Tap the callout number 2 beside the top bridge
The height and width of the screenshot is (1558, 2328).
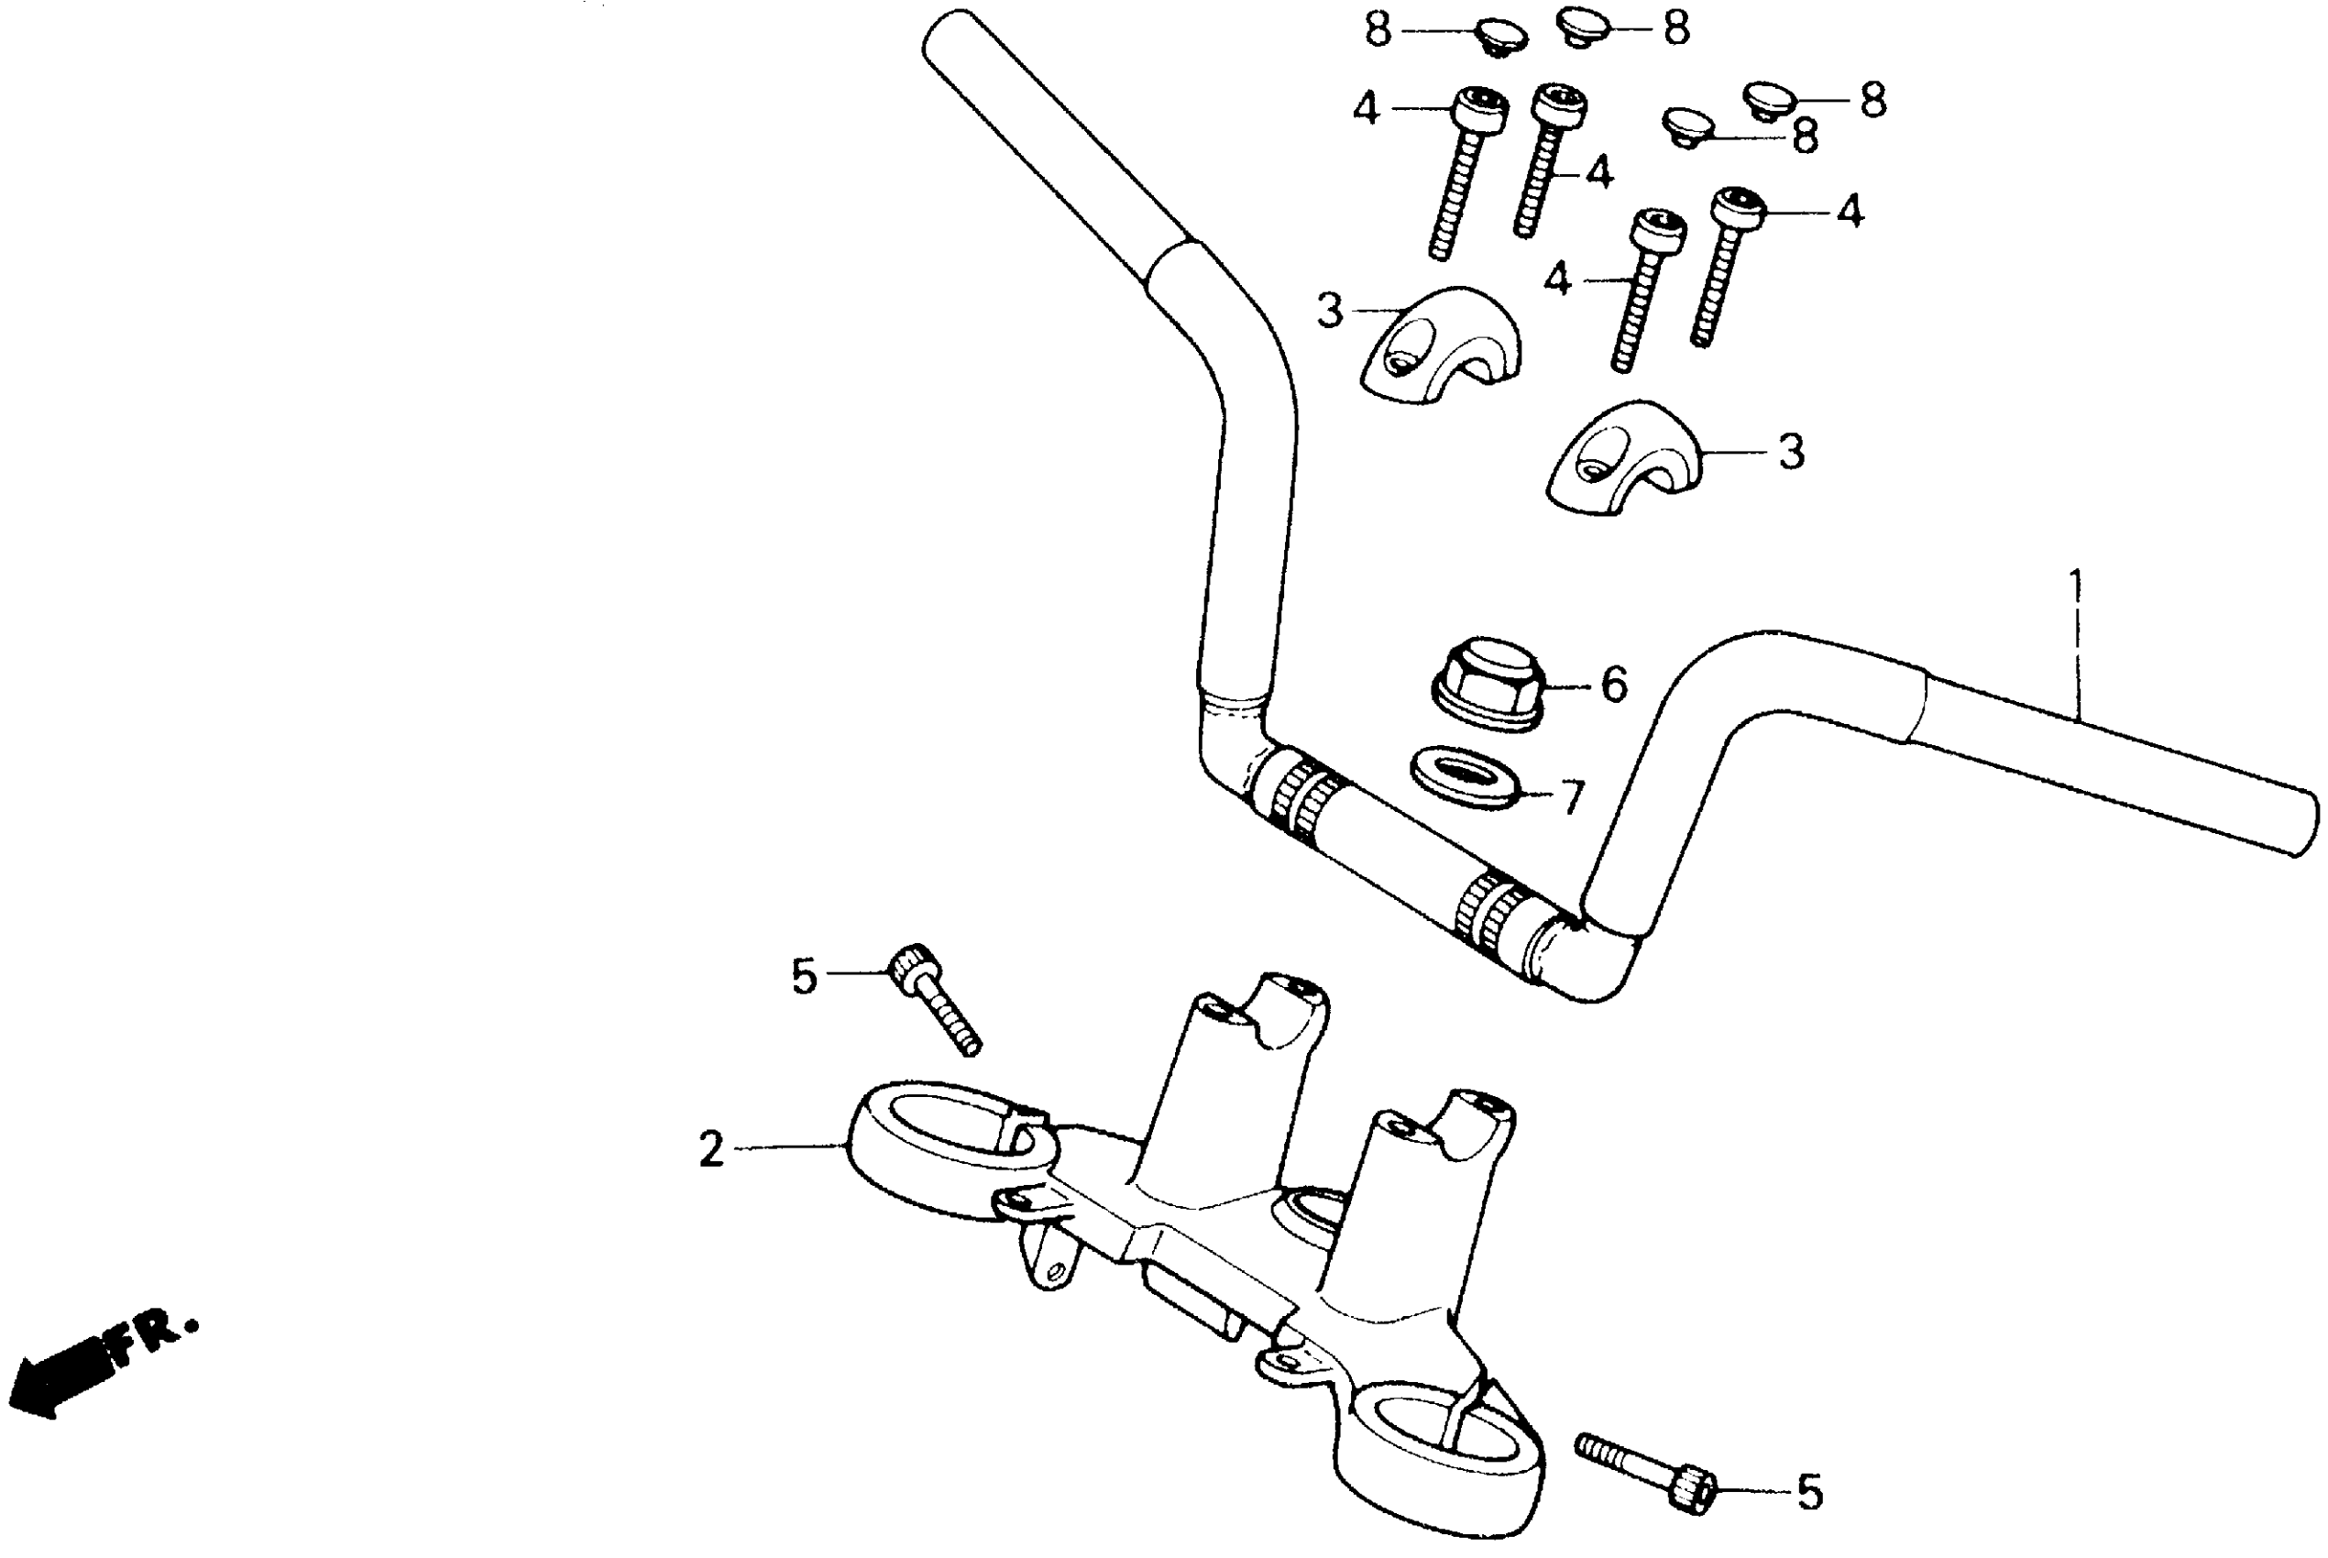click(x=711, y=1150)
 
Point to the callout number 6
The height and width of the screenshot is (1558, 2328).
click(x=1615, y=686)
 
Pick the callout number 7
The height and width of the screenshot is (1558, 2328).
click(x=1571, y=797)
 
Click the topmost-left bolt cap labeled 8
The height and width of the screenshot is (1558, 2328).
click(x=1500, y=36)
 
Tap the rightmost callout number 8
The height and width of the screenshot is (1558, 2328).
click(x=1872, y=102)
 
